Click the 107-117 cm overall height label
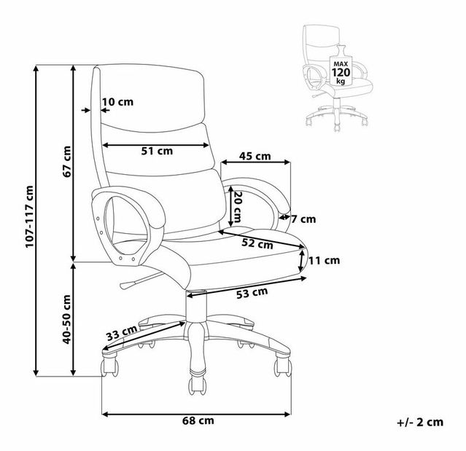pos(29,216)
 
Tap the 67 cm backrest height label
pos(67,162)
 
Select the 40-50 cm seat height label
pos(67,319)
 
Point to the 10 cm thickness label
pos(118,102)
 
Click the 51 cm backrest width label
pos(157,151)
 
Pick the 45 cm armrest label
pos(255,156)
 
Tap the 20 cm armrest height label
pos(238,207)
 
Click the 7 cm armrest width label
pos(303,219)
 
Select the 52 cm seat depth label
pos(257,243)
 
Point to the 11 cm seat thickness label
pos(325,260)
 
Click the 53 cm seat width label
pos(252,293)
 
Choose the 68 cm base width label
pos(198,420)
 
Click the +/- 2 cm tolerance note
pos(420,422)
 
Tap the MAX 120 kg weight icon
pos(341,68)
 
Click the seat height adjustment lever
pos(140,280)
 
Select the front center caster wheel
pos(197,385)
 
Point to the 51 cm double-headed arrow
pos(156,145)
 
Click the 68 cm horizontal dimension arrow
pos(196,414)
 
